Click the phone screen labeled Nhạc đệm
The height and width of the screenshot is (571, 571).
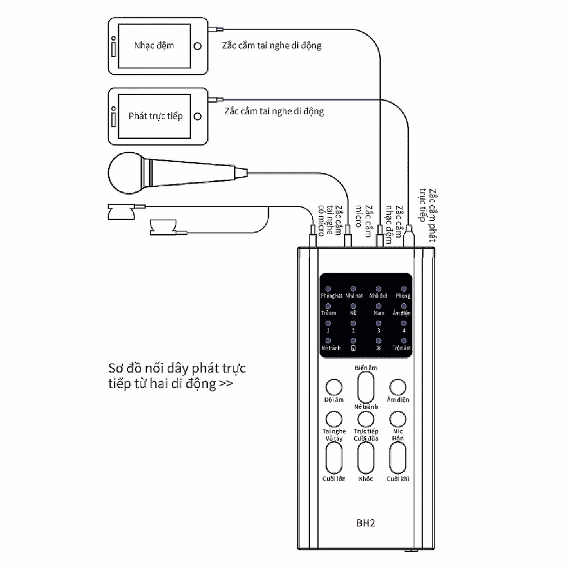(154, 45)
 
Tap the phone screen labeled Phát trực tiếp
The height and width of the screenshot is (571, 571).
(155, 116)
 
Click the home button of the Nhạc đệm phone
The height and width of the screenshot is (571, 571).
(197, 46)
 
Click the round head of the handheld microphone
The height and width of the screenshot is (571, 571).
(125, 171)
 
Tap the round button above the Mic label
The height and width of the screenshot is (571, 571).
(398, 419)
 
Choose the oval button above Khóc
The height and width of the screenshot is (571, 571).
(366, 458)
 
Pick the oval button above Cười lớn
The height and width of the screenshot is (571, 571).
(334, 458)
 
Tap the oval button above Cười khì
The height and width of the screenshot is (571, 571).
(398, 458)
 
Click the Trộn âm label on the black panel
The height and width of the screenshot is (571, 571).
(401, 348)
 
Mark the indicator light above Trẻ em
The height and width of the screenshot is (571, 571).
(328, 306)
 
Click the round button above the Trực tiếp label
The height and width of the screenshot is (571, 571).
(366, 419)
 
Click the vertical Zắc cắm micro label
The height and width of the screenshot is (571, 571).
(364, 217)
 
